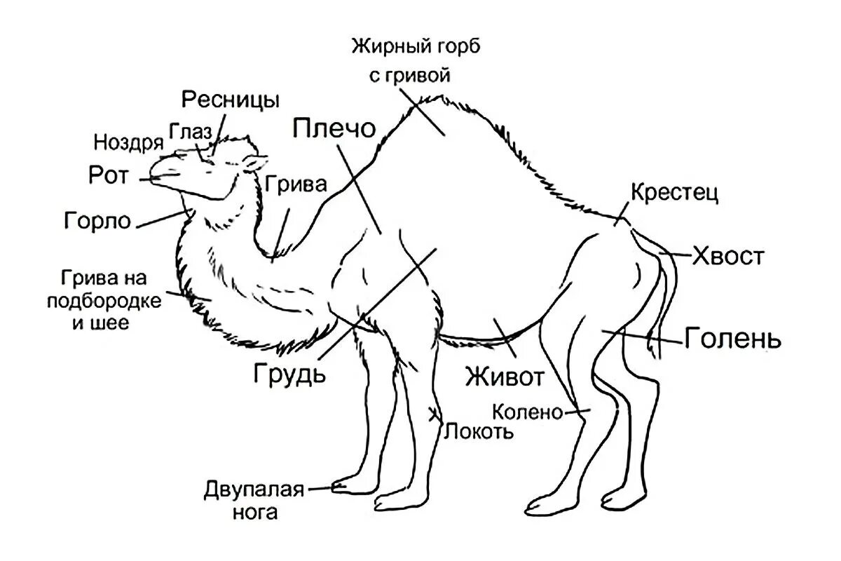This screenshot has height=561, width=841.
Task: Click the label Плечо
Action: pyautogui.click(x=334, y=130)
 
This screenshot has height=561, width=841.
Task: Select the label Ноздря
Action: pyautogui.click(x=128, y=142)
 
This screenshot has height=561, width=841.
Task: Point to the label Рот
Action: pyautogui.click(x=109, y=175)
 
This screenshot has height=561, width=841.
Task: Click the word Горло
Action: pyautogui.click(x=97, y=221)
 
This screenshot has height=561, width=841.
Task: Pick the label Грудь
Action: pyautogui.click(x=290, y=372)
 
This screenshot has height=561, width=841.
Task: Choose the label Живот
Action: pyautogui.click(x=505, y=378)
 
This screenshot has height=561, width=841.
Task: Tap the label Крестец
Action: pyautogui.click(x=674, y=193)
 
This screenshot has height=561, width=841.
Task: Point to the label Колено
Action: pyautogui.click(x=528, y=412)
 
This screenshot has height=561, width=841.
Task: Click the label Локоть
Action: pyautogui.click(x=479, y=430)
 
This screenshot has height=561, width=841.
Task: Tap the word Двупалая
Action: pyautogui.click(x=254, y=489)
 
